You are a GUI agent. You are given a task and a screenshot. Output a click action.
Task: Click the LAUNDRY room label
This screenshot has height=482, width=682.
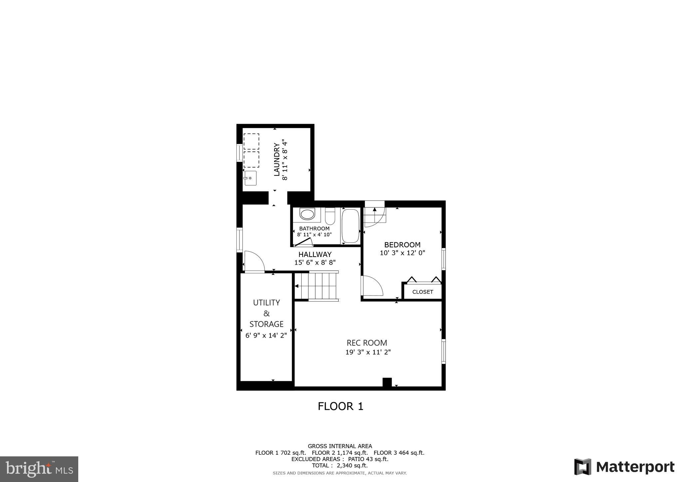(276, 159)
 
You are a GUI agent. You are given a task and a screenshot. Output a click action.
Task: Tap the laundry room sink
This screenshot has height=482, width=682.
(250, 178)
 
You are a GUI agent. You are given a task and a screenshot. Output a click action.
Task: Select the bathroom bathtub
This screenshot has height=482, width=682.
(350, 226)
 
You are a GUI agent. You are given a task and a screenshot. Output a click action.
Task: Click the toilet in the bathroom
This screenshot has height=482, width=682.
(330, 216)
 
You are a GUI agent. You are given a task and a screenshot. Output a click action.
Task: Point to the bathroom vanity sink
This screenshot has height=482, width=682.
(307, 214)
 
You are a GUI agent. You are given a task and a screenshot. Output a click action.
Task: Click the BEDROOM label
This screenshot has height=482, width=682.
(402, 245)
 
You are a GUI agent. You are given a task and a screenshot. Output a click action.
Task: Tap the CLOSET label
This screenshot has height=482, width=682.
(423, 292)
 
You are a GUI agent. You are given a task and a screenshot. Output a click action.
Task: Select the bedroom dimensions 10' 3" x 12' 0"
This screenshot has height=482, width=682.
(402, 253)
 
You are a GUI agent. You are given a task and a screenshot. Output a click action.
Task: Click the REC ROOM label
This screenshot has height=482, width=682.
(367, 343)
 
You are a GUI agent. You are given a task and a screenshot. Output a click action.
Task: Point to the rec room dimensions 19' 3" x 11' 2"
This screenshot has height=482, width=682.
(368, 352)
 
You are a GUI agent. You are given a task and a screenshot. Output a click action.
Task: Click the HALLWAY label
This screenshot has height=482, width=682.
(315, 254)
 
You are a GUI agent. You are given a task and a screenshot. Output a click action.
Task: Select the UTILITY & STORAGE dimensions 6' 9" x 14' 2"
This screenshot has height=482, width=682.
(266, 336)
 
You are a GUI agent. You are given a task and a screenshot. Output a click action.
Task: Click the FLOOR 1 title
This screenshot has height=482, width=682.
(340, 406)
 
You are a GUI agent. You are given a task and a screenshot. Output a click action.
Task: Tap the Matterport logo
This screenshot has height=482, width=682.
(624, 467)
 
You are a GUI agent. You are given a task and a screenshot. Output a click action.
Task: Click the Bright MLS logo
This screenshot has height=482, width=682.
(39, 469)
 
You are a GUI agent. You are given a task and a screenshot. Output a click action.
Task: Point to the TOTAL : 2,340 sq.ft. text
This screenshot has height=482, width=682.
(340, 466)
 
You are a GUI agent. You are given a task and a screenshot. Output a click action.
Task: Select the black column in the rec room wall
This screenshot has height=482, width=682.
(387, 382)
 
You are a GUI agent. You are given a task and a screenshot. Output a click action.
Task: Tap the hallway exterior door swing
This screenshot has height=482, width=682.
(254, 262)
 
